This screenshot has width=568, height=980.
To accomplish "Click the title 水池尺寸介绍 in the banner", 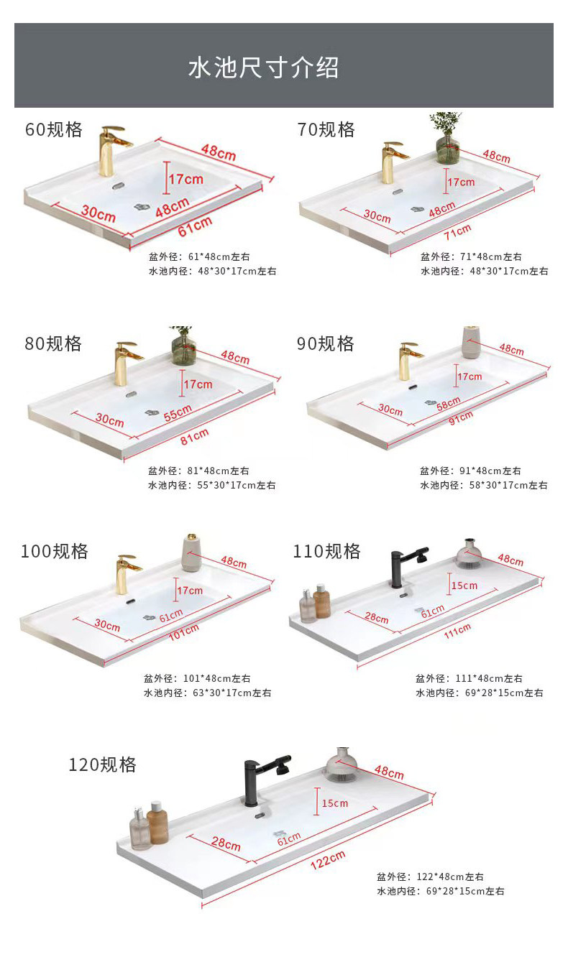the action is pyautogui.click(x=263, y=68).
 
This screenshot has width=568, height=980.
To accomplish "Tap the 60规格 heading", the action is pyautogui.click(x=54, y=130).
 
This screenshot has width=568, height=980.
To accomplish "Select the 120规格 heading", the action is pyautogui.click(x=102, y=764).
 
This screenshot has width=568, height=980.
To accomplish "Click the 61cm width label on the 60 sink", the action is pyautogui.click(x=196, y=225).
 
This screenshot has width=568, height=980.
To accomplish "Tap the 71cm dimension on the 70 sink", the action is pyautogui.click(x=458, y=231).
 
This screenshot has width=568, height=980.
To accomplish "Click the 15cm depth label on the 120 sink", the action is pyautogui.click(x=335, y=803).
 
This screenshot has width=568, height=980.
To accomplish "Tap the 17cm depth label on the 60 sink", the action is pyautogui.click(x=186, y=179).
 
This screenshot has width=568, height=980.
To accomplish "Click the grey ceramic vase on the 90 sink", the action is pyautogui.click(x=471, y=342).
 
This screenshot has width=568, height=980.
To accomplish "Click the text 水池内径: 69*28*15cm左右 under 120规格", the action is pyautogui.click(x=440, y=892).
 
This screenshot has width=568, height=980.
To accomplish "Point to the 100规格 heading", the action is pyautogui.click(x=55, y=552).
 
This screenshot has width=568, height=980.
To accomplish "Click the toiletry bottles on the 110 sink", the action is pyautogui.click(x=314, y=604).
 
